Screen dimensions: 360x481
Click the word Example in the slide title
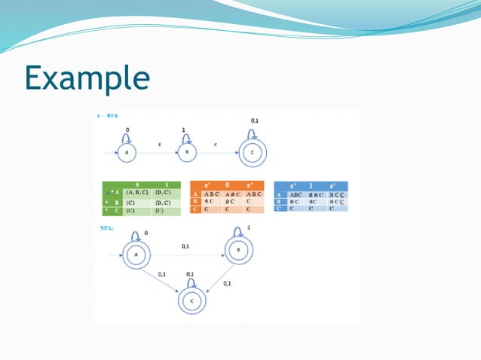pos(87,77)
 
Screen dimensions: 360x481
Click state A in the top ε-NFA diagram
pos(127,153)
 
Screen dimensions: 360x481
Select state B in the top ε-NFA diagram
pos(187,153)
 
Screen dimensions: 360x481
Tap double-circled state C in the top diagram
pos(253,153)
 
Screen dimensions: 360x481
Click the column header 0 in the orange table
pos(228,185)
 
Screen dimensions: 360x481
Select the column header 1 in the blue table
pos(311,185)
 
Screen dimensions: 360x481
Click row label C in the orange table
pos(195,209)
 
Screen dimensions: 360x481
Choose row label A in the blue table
pos(279,194)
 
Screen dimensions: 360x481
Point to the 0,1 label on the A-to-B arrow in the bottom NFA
pos(185,246)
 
